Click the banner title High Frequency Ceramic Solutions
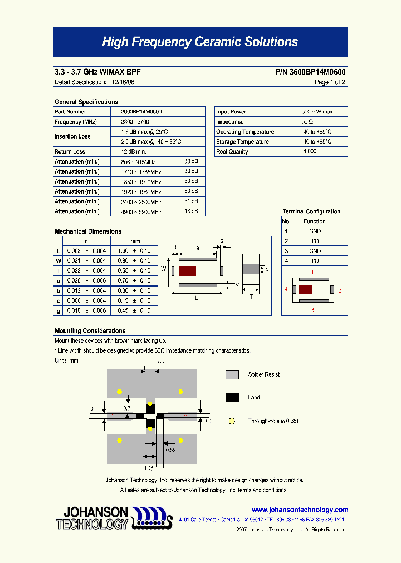(x=200, y=42)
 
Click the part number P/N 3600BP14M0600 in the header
(x=310, y=72)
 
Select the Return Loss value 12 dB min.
(x=134, y=152)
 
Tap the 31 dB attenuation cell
(x=191, y=201)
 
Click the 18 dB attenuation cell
(x=191, y=211)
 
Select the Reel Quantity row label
(x=232, y=152)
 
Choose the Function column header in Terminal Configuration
(x=315, y=221)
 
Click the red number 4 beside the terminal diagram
(x=286, y=289)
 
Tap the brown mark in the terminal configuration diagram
(x=305, y=289)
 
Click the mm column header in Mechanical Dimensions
(x=135, y=241)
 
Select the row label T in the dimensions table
(x=58, y=271)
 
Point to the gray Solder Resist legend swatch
(x=232, y=375)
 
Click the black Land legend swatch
(x=232, y=398)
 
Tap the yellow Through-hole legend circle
(x=232, y=422)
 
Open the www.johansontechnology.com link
(x=300, y=510)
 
